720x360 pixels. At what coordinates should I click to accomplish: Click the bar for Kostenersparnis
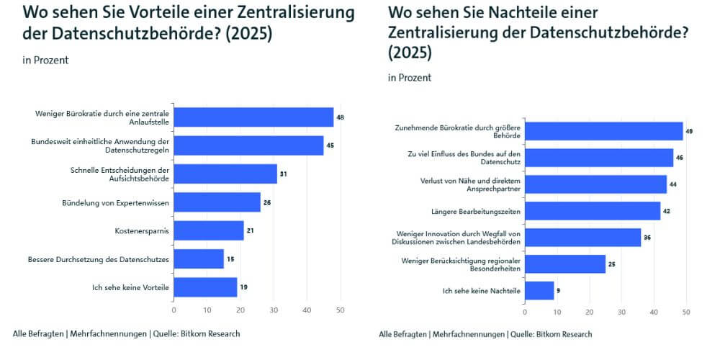click(x=209, y=230)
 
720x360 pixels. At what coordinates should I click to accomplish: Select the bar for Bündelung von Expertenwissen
click(x=217, y=202)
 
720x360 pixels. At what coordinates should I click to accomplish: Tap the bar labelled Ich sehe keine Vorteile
click(x=205, y=287)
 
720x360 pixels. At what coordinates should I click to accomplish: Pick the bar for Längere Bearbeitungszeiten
click(x=593, y=210)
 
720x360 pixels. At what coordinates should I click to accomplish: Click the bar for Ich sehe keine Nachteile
click(x=539, y=290)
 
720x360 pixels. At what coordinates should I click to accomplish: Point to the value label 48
click(x=341, y=117)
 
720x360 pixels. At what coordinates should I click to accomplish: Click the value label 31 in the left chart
click(x=284, y=174)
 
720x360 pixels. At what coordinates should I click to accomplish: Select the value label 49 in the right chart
click(x=690, y=131)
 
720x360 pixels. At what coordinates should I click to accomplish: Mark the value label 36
click(x=647, y=237)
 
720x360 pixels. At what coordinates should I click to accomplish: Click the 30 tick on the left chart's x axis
click(x=274, y=310)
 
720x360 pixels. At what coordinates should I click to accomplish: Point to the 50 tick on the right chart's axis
click(x=686, y=312)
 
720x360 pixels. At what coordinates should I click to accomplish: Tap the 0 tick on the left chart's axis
click(x=174, y=310)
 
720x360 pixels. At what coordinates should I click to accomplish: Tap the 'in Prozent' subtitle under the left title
click(x=46, y=60)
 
